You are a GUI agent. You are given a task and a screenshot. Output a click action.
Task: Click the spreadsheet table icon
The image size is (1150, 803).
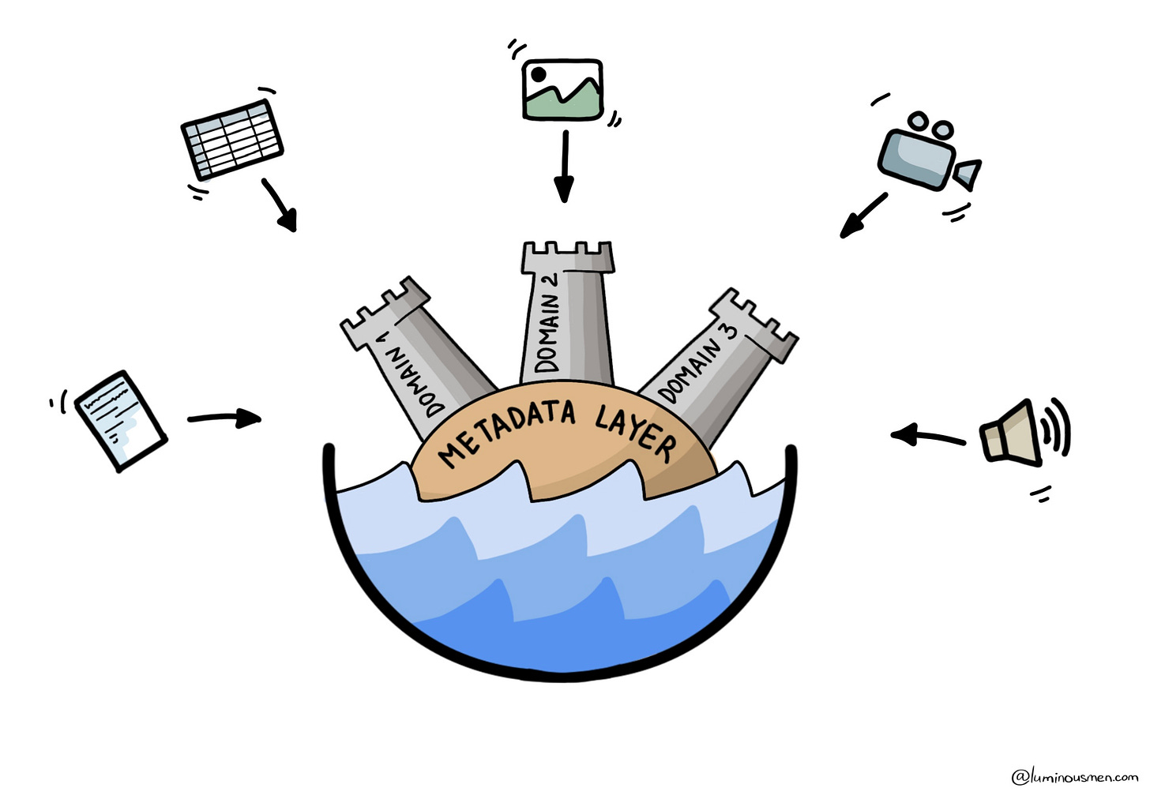pyautogui.click(x=232, y=140)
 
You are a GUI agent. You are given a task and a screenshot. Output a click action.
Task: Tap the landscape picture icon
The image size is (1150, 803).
pyautogui.click(x=563, y=89)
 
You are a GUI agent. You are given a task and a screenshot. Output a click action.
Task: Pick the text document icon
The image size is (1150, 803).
pyautogui.click(x=120, y=420)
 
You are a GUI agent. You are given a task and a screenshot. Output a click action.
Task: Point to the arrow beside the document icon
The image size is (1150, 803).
pyautogui.click(x=225, y=418)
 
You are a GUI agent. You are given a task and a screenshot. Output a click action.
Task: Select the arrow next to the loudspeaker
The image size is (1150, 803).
pyautogui.click(x=927, y=435)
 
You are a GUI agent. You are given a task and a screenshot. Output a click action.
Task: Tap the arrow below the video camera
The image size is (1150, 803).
pyautogui.click(x=862, y=215)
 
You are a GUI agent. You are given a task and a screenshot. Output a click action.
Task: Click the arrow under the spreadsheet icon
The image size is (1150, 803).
pyautogui.click(x=280, y=204)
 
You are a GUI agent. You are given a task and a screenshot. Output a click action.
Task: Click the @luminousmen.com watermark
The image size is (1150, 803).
pyautogui.click(x=1074, y=776)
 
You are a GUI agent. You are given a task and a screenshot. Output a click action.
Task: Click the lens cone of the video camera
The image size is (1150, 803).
pyautogui.click(x=968, y=174)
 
